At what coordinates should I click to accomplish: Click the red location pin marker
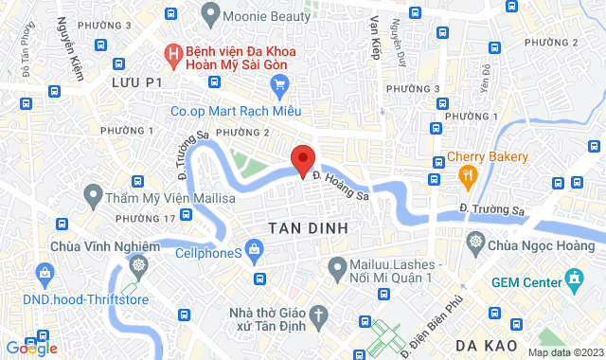(x=302, y=160)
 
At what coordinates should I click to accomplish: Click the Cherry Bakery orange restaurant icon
(x=467, y=174)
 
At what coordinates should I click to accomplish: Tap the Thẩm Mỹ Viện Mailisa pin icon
(x=93, y=197)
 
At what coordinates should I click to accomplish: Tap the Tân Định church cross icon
(x=320, y=315)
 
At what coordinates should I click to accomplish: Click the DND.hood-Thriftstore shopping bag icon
(x=45, y=275)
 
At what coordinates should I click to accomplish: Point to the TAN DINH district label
(x=308, y=228)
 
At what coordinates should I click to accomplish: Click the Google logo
(x=31, y=349)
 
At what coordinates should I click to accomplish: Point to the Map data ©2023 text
(x=564, y=352)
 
